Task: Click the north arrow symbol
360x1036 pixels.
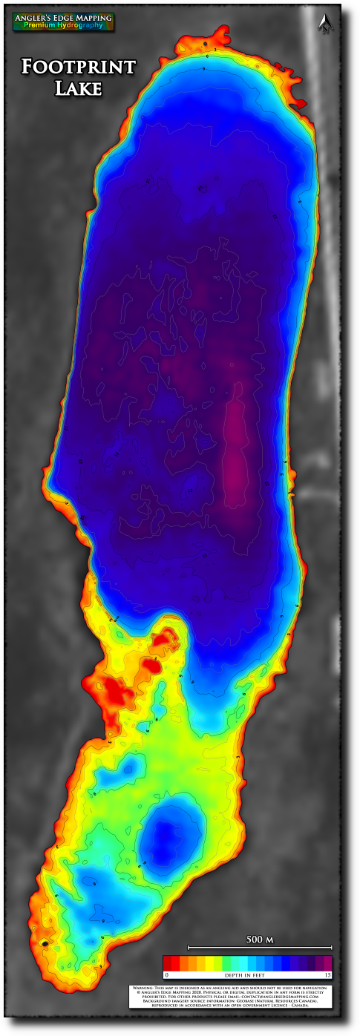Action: (324, 24)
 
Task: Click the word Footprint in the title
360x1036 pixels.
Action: (79, 68)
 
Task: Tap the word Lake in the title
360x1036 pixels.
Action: (78, 88)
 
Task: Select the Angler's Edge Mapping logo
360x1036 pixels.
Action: (63, 21)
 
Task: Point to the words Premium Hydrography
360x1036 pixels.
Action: (63, 25)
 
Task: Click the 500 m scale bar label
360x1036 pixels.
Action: (260, 940)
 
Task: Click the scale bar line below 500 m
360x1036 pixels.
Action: (260, 948)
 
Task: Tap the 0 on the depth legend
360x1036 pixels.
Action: (166, 974)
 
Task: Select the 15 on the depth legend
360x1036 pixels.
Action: (327, 974)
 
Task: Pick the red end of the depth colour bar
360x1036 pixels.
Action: (168, 963)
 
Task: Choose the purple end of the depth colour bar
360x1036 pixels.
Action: (326, 963)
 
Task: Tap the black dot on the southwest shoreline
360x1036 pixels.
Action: (45, 943)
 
